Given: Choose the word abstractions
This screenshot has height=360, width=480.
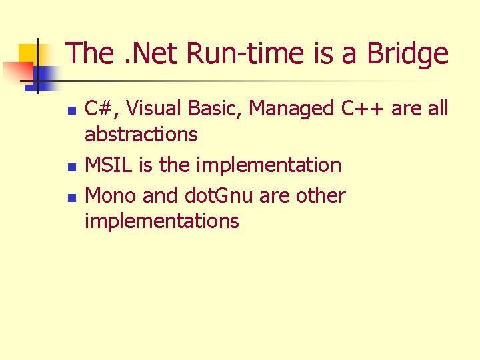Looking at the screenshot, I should point(141,135).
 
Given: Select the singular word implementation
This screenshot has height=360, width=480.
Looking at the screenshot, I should point(268,165).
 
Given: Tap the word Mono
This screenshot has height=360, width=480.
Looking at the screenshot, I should point(107,196).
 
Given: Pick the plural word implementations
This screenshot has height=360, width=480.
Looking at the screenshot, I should point(161,221).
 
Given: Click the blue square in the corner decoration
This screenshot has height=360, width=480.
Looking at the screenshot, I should point(43,74).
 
